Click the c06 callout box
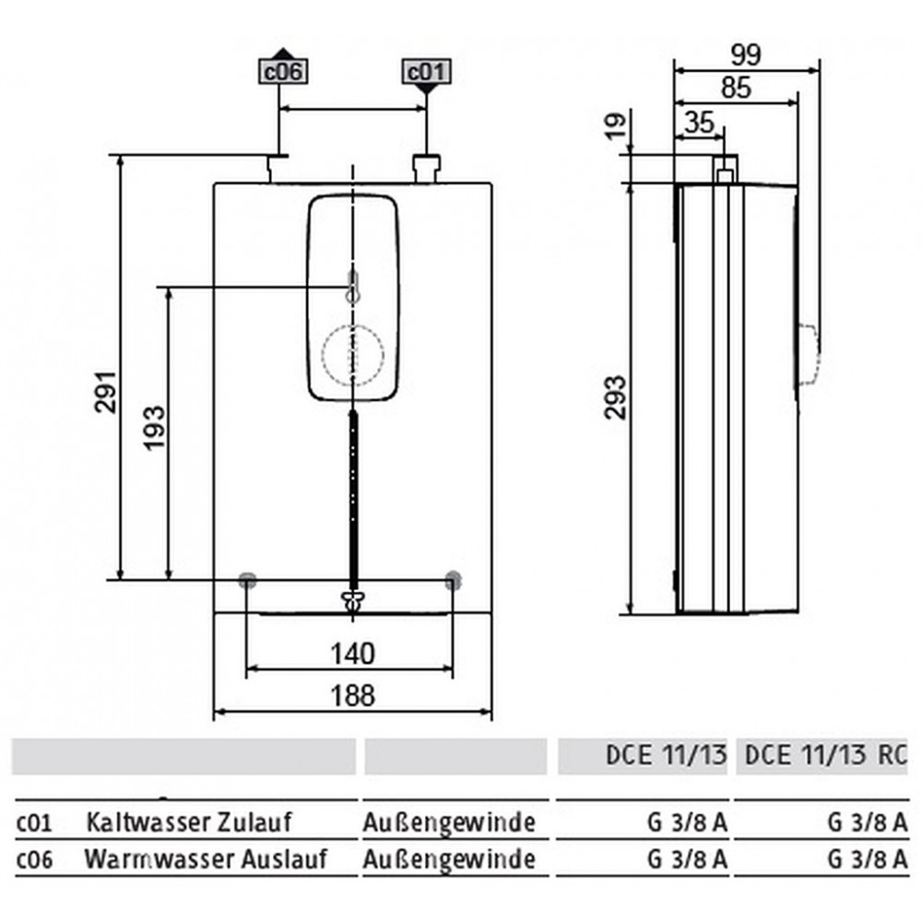tap(283, 72)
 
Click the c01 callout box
tap(427, 72)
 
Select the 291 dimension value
tap(106, 392)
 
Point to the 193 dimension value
tap(156, 428)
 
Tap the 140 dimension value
tap(352, 654)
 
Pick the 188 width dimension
tap(352, 695)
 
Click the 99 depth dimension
tap(746, 55)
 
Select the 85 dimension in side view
tap(736, 88)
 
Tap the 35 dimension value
tap(700, 123)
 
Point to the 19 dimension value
tap(616, 125)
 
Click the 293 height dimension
tap(616, 396)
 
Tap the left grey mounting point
tap(247, 580)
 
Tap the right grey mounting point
tap(453, 580)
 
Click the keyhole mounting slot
tap(353, 288)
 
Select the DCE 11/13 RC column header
tap(825, 756)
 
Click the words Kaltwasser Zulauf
tap(189, 822)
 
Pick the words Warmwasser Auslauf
tap(206, 859)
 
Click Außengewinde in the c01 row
tap(449, 823)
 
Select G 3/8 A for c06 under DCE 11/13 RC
tap(868, 859)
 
